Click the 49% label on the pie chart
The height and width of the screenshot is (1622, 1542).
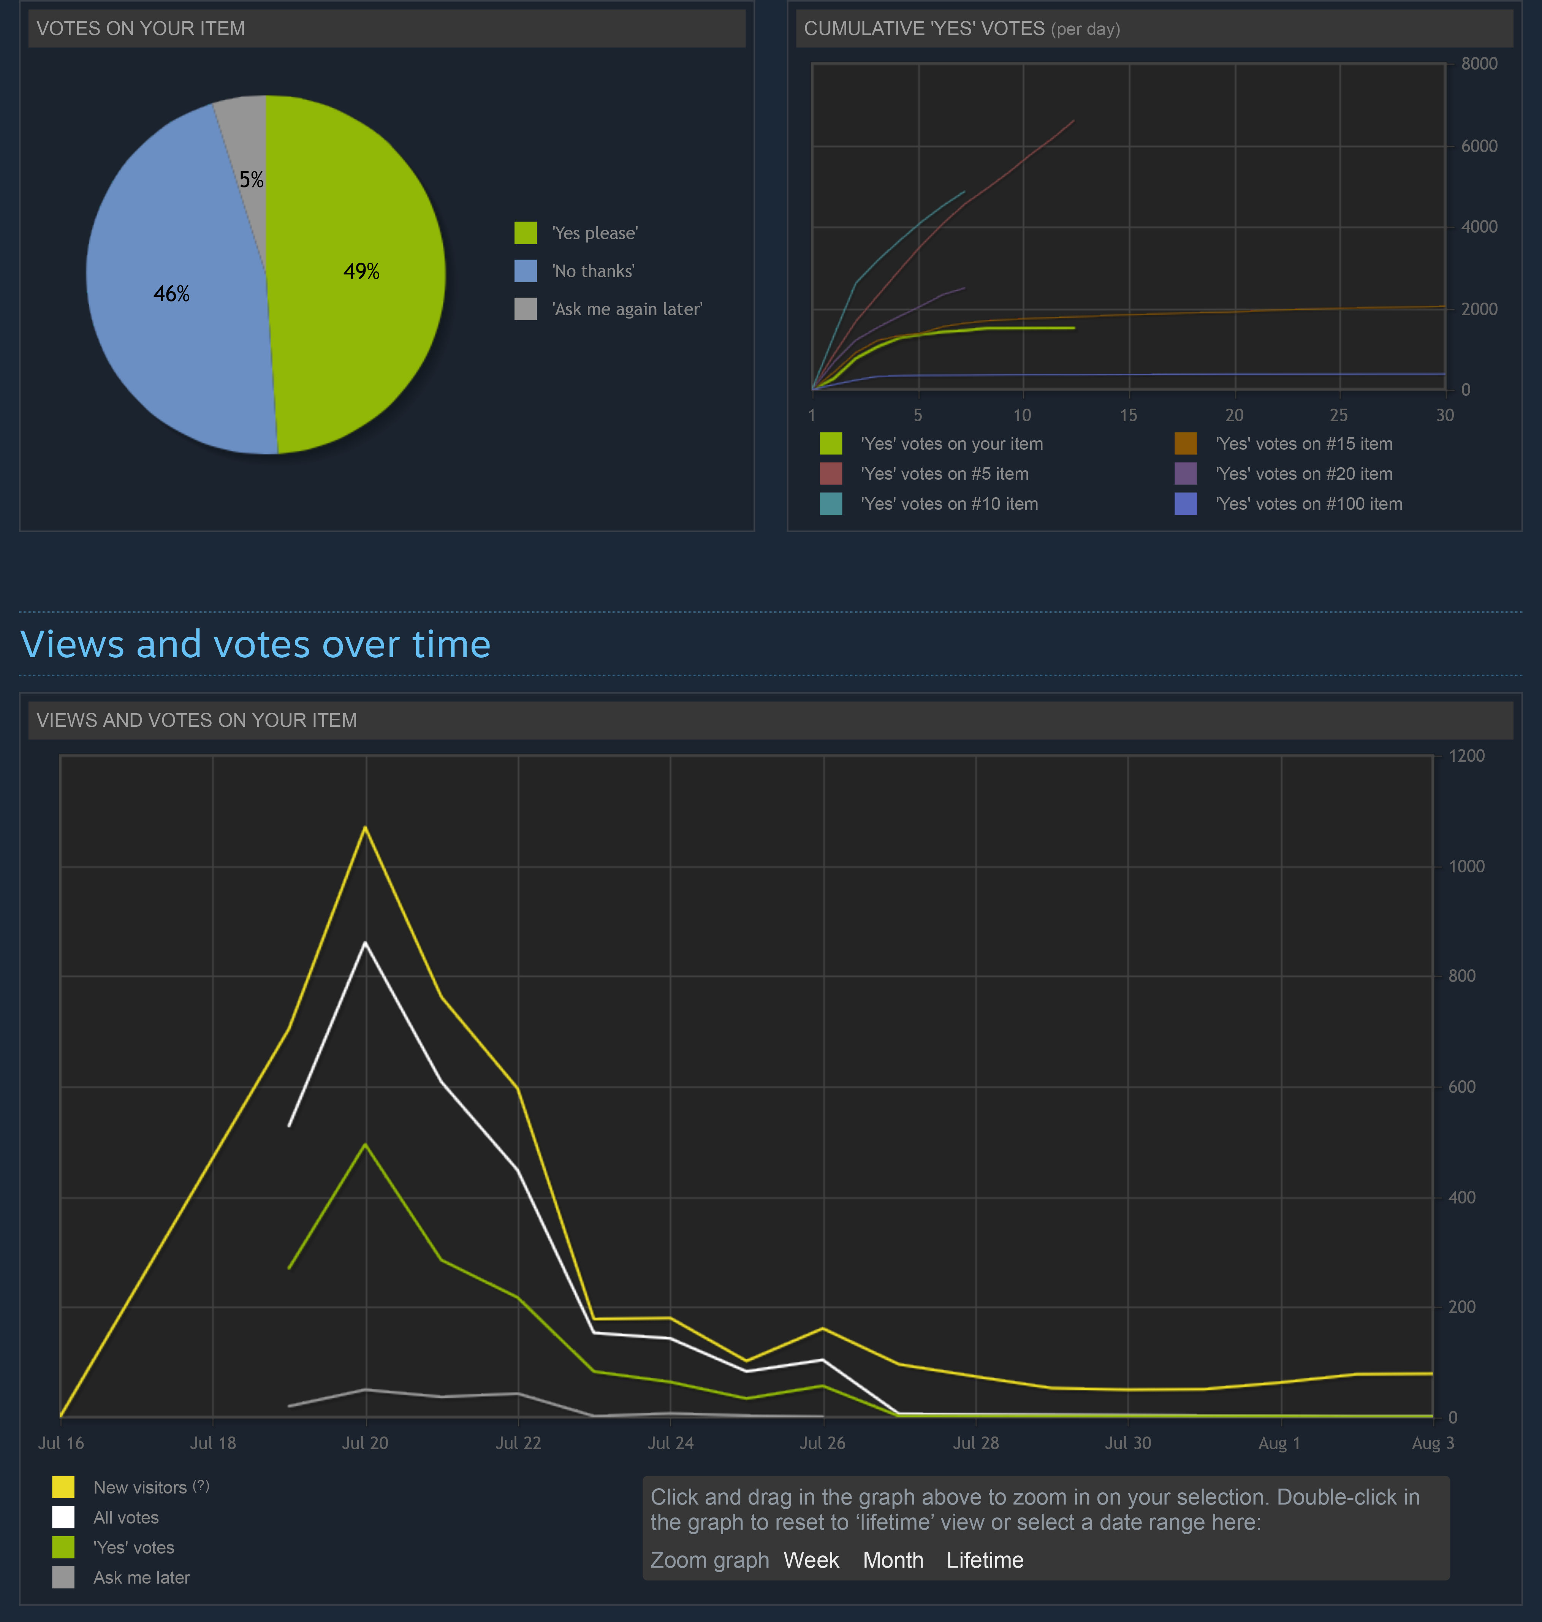coord(361,271)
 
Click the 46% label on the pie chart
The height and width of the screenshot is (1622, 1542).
coord(171,293)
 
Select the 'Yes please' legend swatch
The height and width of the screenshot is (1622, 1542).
coord(525,233)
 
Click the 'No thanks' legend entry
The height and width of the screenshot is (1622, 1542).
coord(593,271)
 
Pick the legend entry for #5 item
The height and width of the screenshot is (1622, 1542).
coord(944,474)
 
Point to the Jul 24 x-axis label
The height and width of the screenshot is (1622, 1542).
coord(670,1443)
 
